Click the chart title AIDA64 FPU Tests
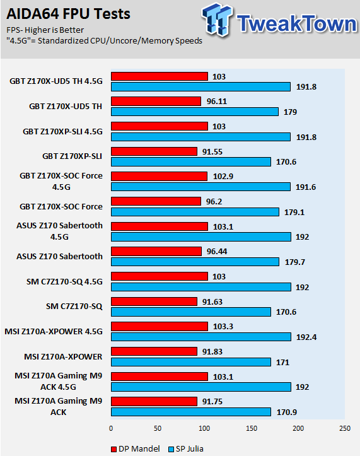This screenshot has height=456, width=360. pos(68,14)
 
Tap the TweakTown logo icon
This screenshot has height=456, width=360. pos(218,19)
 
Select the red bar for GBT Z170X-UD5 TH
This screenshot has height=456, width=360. pos(156,101)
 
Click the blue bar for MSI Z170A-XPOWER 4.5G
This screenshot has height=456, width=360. pos(201,337)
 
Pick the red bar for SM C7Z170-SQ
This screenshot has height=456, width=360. pos(154,301)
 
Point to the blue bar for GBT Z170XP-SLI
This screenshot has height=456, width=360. pos(191,161)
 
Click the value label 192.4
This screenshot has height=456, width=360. pos(306,337)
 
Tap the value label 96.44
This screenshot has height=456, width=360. pos(217,251)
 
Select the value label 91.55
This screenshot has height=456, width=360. pos(212,152)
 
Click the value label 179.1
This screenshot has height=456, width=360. pos(294,213)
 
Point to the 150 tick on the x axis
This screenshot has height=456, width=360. pos(252,428)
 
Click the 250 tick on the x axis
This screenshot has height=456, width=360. pos(345,428)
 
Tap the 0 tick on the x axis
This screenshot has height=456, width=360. pos(111,428)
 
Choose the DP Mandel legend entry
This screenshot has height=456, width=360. pos(136,448)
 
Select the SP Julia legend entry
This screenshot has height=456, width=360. pos(186,448)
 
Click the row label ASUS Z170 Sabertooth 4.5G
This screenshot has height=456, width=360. pos(59,231)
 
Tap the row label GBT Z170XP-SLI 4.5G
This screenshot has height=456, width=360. pos(62,131)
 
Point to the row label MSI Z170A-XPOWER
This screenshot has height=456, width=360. pos(63,356)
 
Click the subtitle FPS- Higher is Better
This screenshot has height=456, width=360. pos(45,30)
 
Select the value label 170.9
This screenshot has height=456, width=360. pos(287,412)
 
